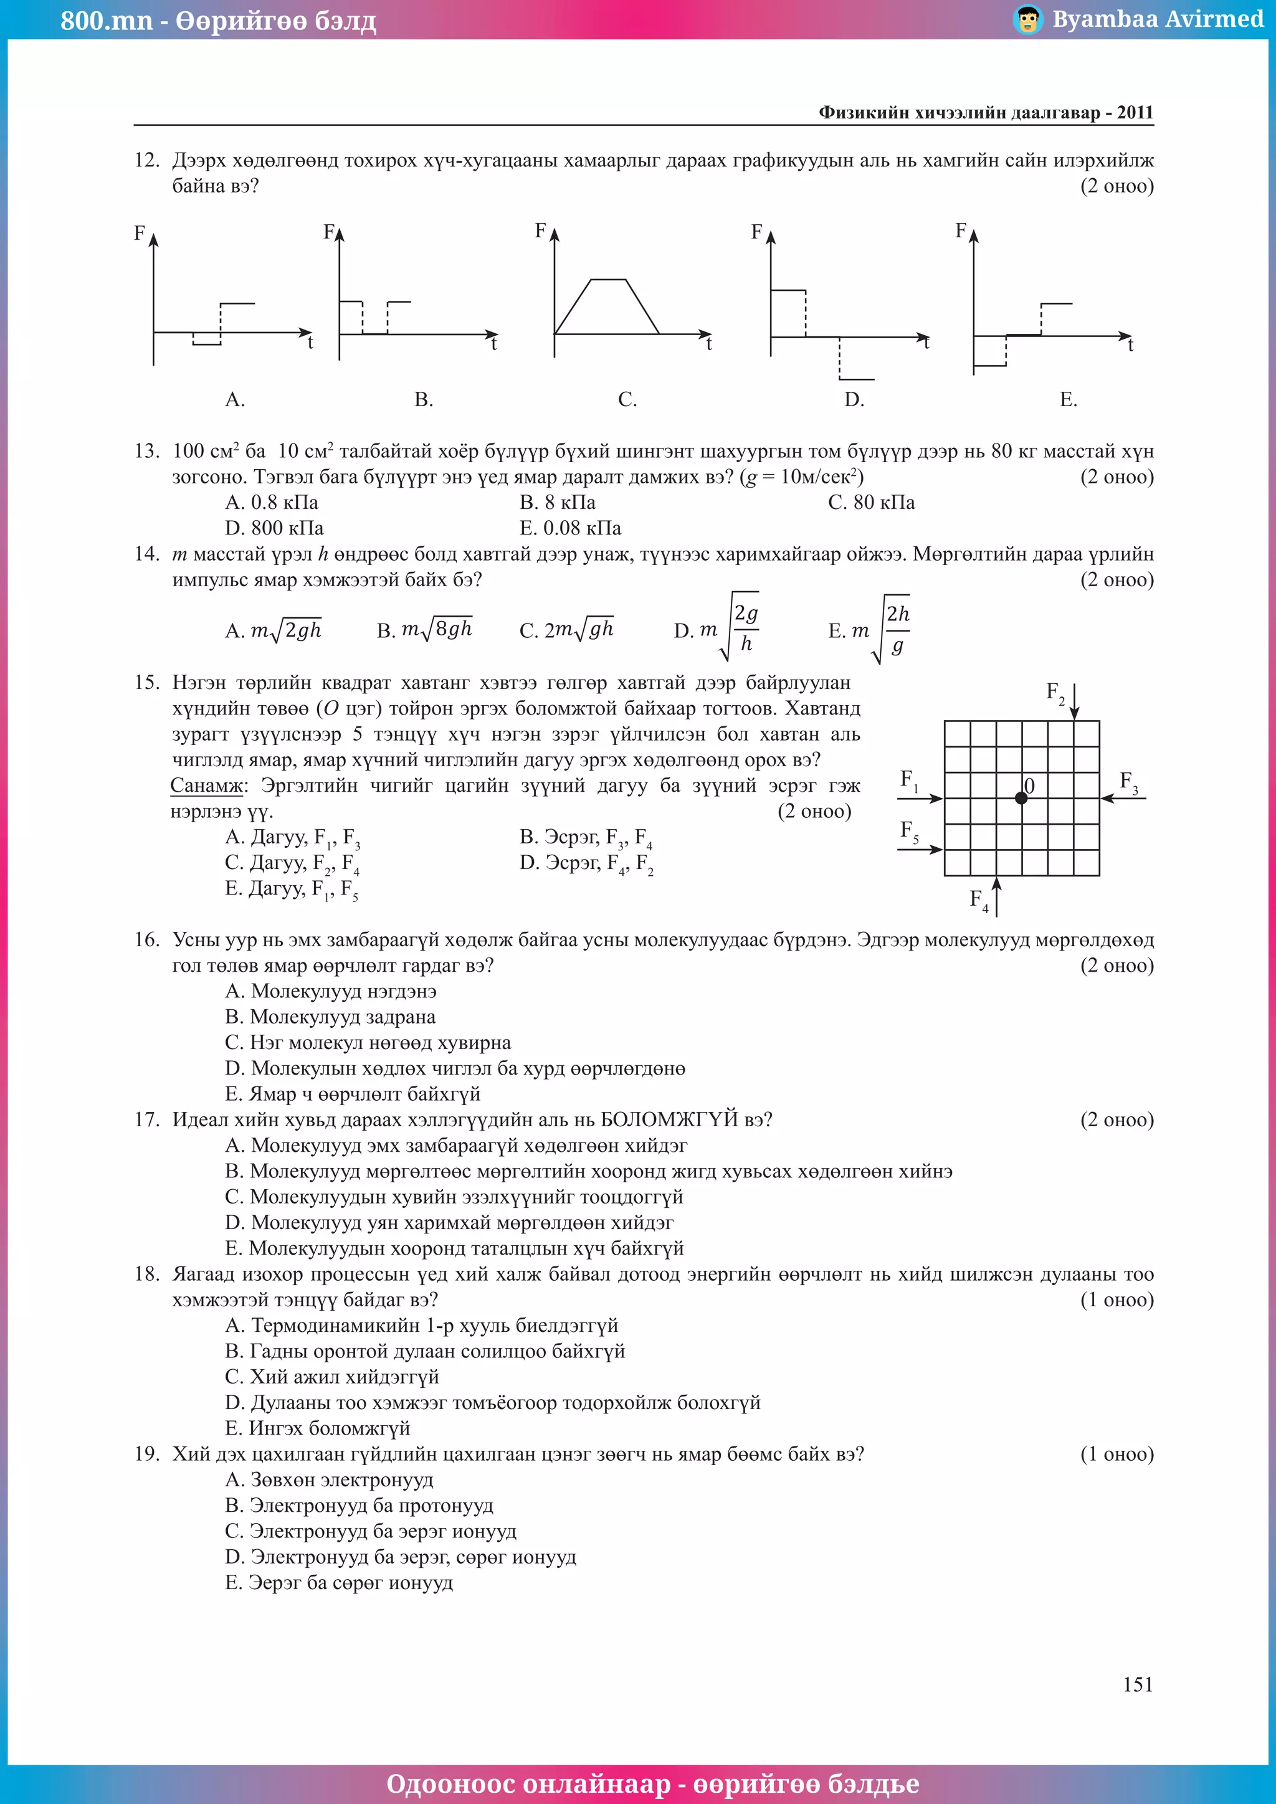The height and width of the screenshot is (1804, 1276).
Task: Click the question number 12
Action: coord(146,160)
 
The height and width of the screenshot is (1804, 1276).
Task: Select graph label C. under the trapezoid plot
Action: coord(627,400)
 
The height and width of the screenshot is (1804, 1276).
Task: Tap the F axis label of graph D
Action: coord(756,232)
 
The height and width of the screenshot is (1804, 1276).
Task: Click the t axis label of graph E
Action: coord(1131,346)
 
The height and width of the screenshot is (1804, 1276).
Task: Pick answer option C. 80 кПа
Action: coord(872,502)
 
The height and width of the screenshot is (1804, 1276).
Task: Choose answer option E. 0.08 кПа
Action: coord(571,528)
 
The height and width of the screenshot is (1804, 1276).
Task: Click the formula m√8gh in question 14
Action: coord(436,629)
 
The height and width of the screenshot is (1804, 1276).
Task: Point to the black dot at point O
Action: coord(1021,799)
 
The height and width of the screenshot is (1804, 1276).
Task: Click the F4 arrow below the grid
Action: coord(996,897)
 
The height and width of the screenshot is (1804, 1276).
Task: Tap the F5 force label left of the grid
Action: coord(909,831)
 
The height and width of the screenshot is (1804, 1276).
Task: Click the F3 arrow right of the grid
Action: coord(1123,799)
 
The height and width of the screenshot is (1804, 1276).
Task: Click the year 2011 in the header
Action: coord(1135,112)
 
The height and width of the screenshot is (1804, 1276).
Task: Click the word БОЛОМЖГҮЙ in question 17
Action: coord(669,1119)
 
